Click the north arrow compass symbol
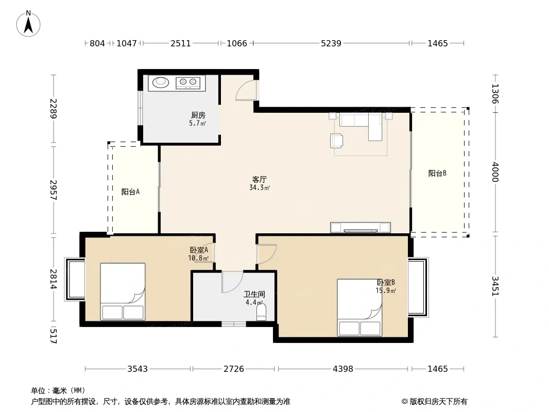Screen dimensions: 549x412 pyautogui.click(x=28, y=24)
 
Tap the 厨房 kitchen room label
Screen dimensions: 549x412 pyautogui.click(x=198, y=115)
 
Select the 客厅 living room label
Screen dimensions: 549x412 pyautogui.click(x=260, y=180)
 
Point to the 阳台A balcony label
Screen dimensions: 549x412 pyautogui.click(x=130, y=192)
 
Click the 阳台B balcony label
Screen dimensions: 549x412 pyautogui.click(x=437, y=173)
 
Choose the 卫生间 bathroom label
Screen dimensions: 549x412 pyautogui.click(x=254, y=295)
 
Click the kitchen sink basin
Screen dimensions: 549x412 pyautogui.click(x=161, y=82)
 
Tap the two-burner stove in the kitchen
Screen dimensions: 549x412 pyautogui.click(x=188, y=83)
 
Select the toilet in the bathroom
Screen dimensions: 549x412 pyautogui.click(x=262, y=312)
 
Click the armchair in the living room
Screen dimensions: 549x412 pyautogui.click(x=336, y=141)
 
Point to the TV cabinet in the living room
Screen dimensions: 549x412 pyautogui.click(x=361, y=228)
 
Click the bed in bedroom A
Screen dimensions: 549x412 pyautogui.click(x=123, y=291)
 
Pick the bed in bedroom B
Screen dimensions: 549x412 pyautogui.click(x=359, y=307)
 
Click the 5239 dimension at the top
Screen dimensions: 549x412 pyautogui.click(x=331, y=43)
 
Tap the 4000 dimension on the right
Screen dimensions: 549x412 pyautogui.click(x=495, y=172)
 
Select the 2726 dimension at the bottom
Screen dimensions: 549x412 pyautogui.click(x=234, y=369)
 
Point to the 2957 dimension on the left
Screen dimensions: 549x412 pyautogui.click(x=53, y=190)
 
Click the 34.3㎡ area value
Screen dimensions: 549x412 pyautogui.click(x=260, y=188)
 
